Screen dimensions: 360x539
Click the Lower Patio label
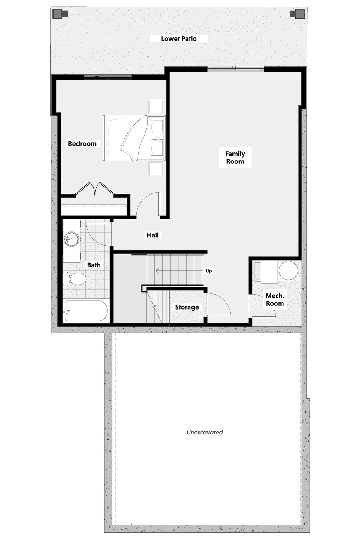click(179, 39)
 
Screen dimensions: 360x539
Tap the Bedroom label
click(82, 143)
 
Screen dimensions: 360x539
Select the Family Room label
click(235, 158)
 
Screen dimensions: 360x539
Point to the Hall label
click(152, 235)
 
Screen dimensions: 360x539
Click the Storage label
click(187, 307)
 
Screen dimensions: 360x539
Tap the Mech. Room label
click(275, 300)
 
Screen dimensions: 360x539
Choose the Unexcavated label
click(205, 432)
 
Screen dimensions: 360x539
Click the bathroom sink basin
click(71, 239)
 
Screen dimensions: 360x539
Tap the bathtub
click(86, 311)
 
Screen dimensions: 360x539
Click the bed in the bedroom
click(134, 138)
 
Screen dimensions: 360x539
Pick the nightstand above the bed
click(156, 107)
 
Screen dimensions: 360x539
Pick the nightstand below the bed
click(156, 169)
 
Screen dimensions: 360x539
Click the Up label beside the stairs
click(209, 271)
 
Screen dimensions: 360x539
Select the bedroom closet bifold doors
click(95, 189)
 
